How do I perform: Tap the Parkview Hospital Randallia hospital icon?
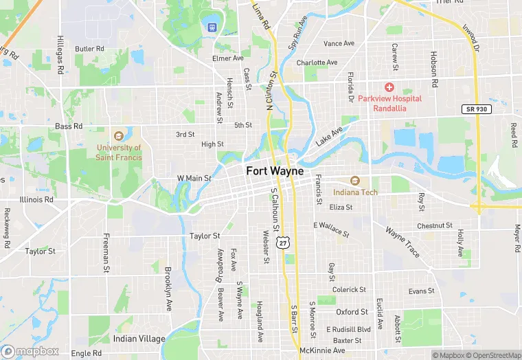pyautogui.click(x=389, y=87)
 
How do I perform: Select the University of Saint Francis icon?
pyautogui.click(x=119, y=135)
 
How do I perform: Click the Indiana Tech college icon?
pyautogui.click(x=355, y=181)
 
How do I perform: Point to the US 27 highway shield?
pyautogui.click(x=282, y=243)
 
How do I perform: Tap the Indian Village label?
pyautogui.click(x=139, y=339)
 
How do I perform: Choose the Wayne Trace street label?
pyautogui.click(x=402, y=242)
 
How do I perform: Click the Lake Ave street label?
pyautogui.click(x=329, y=136)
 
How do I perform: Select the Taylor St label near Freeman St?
pyautogui.click(x=40, y=251)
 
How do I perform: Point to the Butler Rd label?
pyautogui.click(x=89, y=49)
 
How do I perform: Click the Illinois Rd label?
pyautogui.click(x=36, y=200)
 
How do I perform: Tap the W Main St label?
pyautogui.click(x=194, y=179)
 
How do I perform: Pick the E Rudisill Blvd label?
pyautogui.click(x=348, y=329)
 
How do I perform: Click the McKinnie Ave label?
pyautogui.click(x=322, y=350)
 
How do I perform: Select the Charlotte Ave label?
pyautogui.click(x=317, y=63)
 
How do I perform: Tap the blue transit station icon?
pyautogui.click(x=212, y=27)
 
